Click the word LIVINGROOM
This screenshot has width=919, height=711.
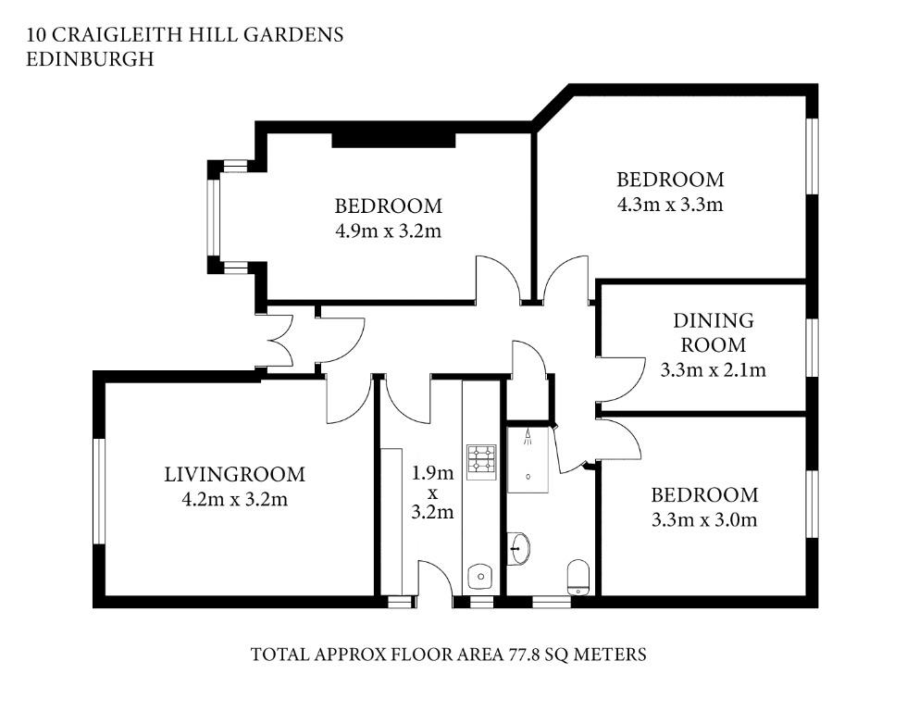234,474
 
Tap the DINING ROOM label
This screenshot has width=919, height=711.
714,332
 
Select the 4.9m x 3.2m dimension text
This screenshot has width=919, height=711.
388,231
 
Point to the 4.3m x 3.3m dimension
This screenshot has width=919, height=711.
670,205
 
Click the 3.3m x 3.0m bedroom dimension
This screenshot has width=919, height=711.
704,520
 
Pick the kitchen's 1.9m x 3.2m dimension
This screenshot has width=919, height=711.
432,493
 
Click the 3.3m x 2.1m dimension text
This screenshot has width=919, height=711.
714,370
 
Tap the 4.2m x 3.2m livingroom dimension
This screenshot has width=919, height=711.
234,500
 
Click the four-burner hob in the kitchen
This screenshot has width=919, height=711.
481,462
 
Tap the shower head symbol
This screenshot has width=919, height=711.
528,437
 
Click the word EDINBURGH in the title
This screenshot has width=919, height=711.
91,59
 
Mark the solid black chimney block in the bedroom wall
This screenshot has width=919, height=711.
394,140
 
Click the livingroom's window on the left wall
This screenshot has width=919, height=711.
99,492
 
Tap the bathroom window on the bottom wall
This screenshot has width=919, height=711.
552,602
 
